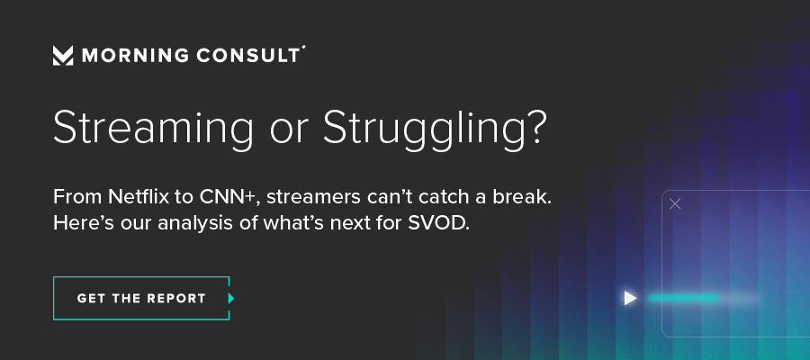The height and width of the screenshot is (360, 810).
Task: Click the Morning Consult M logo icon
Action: pyautogui.click(x=63, y=55)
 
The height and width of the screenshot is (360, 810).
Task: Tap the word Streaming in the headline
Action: pyautogui.click(x=153, y=129)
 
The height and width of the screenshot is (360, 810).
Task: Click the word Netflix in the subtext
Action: pyautogui.click(x=137, y=197)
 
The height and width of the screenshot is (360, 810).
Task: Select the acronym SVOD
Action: pyautogui.click(x=438, y=223)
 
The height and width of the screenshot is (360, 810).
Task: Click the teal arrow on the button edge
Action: pyautogui.click(x=231, y=298)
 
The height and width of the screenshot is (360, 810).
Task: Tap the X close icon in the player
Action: pyautogui.click(x=675, y=204)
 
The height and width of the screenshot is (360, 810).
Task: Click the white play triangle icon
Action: pyautogui.click(x=630, y=298)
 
